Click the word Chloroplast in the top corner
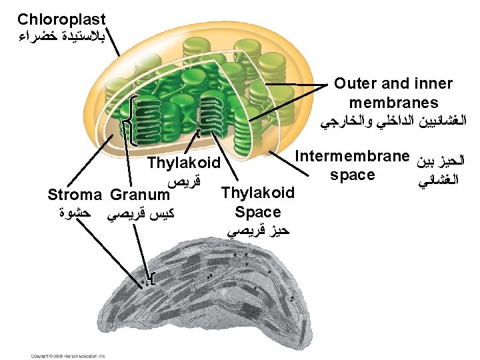(61, 20)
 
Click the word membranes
(393, 103)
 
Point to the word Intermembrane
(352, 157)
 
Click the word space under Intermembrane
(352, 175)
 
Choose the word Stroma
(75, 195)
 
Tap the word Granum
(140, 195)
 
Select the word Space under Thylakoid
(258, 213)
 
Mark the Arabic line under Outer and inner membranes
(393, 122)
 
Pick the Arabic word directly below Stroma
(75, 213)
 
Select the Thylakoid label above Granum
(183, 163)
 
